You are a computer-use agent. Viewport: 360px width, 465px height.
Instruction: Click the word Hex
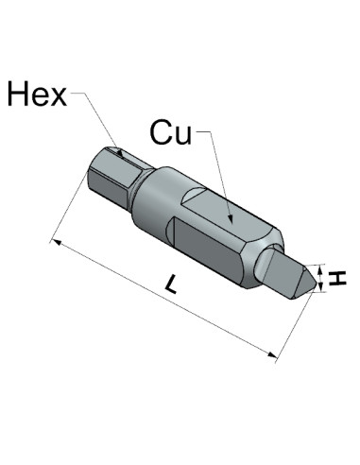(37, 94)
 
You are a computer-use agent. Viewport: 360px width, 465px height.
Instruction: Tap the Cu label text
(171, 132)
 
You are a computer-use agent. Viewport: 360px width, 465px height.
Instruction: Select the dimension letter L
(172, 284)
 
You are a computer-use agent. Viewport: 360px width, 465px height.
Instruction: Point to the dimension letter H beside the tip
(337, 279)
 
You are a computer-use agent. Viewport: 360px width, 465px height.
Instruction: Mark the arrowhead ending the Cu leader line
(231, 218)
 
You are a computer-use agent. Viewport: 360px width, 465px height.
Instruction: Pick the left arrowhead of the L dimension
(57, 242)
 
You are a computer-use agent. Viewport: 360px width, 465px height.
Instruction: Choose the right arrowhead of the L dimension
(272, 354)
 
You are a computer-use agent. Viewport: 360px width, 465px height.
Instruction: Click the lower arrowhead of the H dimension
(320, 286)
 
